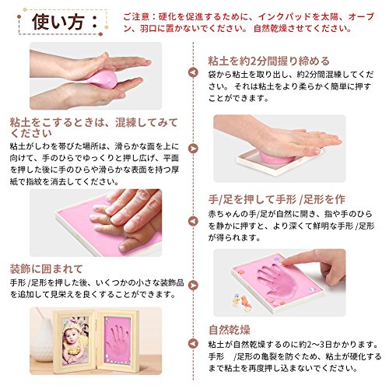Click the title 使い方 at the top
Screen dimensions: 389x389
(58, 22)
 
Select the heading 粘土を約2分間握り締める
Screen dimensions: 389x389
(268, 61)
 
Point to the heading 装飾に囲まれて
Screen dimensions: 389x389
(46, 269)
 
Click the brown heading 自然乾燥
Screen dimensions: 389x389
(230, 330)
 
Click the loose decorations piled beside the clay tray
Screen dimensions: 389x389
(242, 301)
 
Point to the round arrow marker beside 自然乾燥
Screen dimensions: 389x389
(193, 344)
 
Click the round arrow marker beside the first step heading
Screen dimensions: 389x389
(193, 72)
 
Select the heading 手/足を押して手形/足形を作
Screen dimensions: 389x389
(277, 199)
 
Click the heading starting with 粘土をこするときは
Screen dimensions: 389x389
(94, 128)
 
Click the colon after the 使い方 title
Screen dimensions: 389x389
(95, 22)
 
